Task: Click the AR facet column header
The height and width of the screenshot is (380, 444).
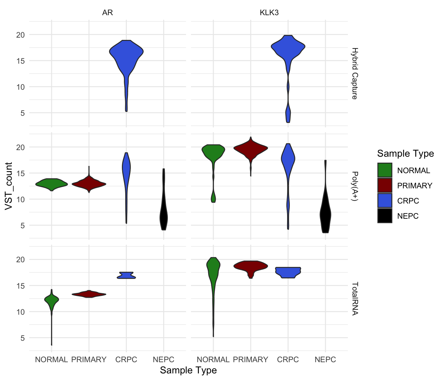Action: [x=107, y=13]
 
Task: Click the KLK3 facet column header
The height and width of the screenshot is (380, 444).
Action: [x=269, y=13]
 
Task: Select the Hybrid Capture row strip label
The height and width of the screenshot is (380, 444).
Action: [x=354, y=74]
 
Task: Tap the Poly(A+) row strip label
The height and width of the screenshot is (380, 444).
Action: [x=354, y=186]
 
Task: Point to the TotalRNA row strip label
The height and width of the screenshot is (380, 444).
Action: [x=354, y=299]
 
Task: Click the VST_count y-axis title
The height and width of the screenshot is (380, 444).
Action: [x=9, y=186]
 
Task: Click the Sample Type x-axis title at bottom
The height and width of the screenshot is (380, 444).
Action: [x=188, y=370]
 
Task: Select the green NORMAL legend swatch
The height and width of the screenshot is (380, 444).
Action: [x=385, y=170]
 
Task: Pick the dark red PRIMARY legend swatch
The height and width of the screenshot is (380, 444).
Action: [x=385, y=185]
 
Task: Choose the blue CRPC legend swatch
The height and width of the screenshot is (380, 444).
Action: [x=385, y=201]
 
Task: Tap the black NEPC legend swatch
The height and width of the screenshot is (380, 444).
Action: [x=385, y=216]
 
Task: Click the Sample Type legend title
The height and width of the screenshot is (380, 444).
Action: [x=405, y=154]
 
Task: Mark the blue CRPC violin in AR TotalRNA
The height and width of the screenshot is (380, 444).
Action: [x=126, y=275]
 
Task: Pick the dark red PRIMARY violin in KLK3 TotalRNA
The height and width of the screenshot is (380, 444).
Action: [x=251, y=266]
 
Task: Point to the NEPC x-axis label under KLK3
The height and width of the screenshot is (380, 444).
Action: [x=325, y=360]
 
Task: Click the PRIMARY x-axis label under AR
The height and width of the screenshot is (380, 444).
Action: [x=89, y=360]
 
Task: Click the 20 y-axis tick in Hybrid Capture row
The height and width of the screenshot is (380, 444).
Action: [x=20, y=35]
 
